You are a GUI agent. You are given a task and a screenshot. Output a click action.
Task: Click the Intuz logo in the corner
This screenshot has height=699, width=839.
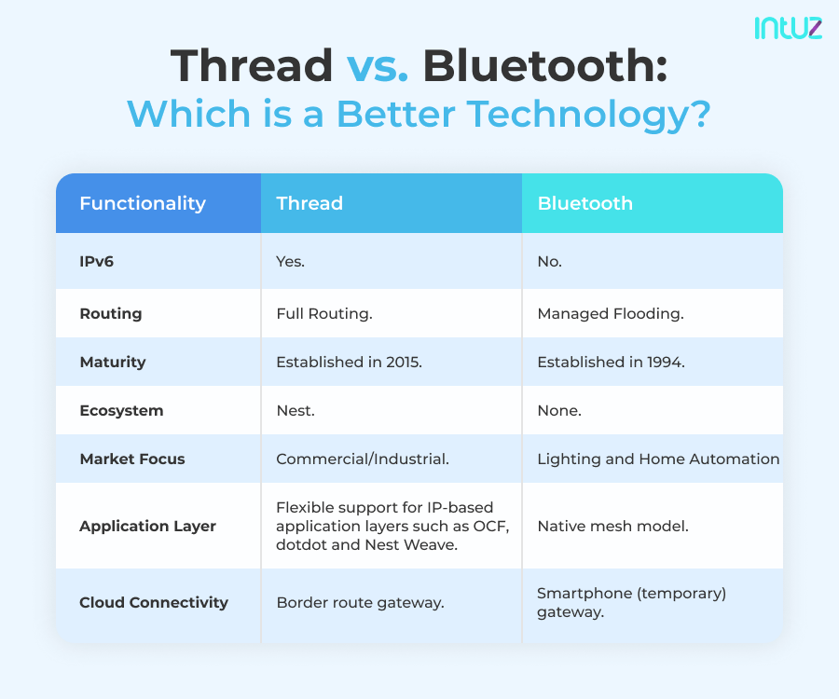click(x=788, y=27)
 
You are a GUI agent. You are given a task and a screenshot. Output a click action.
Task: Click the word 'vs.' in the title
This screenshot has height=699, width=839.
click(x=378, y=66)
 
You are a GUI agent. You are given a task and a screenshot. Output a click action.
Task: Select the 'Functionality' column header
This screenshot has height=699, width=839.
click(x=143, y=203)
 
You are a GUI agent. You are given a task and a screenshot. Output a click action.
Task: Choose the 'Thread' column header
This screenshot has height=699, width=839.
click(x=309, y=203)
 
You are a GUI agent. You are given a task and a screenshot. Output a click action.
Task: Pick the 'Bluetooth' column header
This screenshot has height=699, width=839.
click(x=585, y=203)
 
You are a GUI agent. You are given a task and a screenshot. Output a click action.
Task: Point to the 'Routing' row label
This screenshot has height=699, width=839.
click(x=111, y=314)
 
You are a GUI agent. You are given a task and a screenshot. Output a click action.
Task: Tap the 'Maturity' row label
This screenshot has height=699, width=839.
click(x=113, y=363)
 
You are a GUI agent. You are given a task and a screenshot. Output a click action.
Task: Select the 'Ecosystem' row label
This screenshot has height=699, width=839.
click(x=121, y=411)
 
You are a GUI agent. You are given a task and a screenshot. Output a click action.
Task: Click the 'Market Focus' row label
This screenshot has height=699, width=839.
click(x=132, y=459)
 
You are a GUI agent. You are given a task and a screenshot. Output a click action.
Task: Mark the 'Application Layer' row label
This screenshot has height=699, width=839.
click(x=147, y=527)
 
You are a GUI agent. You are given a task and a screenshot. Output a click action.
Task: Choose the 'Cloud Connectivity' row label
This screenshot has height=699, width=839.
click(x=154, y=603)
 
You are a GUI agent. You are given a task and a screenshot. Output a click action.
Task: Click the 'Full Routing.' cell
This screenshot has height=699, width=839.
click(x=324, y=314)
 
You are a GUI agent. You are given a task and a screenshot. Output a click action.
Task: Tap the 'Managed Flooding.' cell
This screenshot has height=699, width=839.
click(x=611, y=314)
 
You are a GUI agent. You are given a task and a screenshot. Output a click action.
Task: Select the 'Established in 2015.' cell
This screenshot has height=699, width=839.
click(x=350, y=363)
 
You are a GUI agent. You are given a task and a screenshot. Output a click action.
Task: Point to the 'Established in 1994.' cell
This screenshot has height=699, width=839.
click(x=611, y=363)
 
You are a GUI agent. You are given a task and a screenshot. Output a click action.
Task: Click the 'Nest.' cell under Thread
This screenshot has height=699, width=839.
click(x=296, y=411)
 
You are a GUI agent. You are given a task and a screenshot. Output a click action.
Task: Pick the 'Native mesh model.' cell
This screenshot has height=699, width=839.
click(x=612, y=527)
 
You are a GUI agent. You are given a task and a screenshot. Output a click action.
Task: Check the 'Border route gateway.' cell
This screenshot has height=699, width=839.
click(x=360, y=603)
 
